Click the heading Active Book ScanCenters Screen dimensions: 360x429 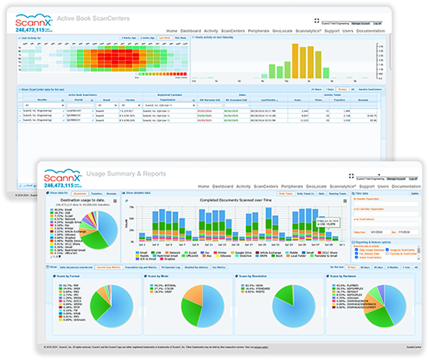click(93, 19)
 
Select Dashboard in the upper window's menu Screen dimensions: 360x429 click(191, 31)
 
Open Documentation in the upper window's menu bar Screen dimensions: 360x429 click(370, 31)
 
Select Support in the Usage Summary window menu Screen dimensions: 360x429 click(366, 186)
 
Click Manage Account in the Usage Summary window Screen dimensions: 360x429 click(395, 179)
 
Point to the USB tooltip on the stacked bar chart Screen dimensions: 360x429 click(327, 222)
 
